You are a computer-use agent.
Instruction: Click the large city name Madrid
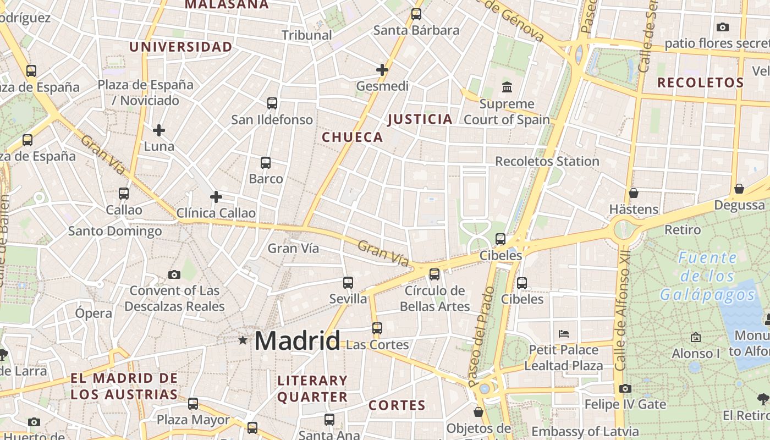(x=298, y=341)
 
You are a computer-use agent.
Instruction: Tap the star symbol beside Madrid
(x=243, y=340)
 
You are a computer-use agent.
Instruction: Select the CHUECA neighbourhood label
(x=352, y=137)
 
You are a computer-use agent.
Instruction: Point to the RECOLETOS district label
(x=701, y=83)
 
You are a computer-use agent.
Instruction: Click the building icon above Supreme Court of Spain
(x=507, y=87)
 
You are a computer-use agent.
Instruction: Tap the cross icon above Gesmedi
(x=382, y=70)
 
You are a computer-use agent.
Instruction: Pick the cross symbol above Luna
(x=159, y=130)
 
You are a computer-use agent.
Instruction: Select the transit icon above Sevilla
(x=348, y=283)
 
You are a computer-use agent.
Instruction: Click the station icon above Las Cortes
(x=377, y=328)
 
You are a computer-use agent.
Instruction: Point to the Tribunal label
(x=307, y=35)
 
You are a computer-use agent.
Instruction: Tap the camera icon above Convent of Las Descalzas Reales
(x=174, y=274)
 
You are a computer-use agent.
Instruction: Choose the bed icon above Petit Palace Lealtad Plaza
(x=563, y=333)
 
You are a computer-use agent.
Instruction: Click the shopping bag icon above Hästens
(x=634, y=193)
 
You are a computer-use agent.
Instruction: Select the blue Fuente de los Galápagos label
(x=708, y=276)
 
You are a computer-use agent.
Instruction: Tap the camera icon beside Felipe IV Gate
(x=625, y=388)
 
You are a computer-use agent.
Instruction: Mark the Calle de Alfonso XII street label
(x=621, y=319)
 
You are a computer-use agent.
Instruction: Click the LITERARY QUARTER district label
(x=312, y=388)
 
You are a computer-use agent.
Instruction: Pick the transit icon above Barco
(x=266, y=162)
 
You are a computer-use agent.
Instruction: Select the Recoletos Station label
(x=547, y=161)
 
